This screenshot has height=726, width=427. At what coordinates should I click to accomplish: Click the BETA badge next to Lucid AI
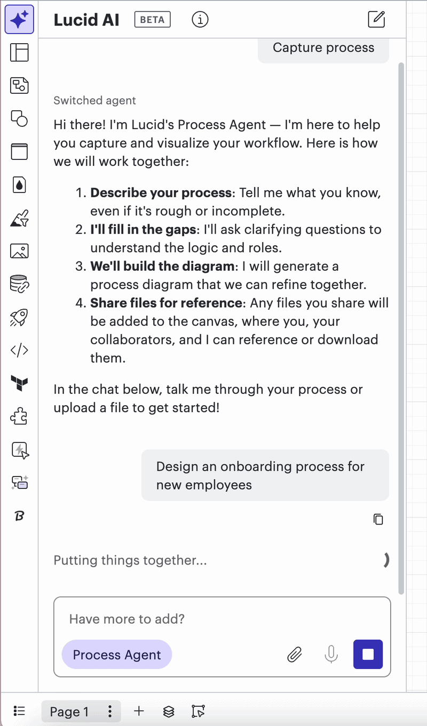coord(152,19)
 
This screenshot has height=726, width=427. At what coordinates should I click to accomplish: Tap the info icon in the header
coord(200,19)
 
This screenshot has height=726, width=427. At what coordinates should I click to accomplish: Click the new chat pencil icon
coord(376,19)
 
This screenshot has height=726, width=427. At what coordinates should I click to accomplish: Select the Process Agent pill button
coord(117,655)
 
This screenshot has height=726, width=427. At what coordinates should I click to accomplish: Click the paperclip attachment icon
coord(295,655)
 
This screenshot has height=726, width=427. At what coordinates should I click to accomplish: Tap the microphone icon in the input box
coord(331,655)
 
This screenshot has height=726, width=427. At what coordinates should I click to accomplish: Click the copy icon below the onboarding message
coord(378,519)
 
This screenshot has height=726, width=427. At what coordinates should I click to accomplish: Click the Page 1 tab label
coord(69,712)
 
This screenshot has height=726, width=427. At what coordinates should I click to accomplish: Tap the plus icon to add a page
coord(139,711)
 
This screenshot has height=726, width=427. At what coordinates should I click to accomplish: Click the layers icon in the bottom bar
coord(169,712)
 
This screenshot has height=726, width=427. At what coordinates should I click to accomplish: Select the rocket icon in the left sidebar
coord(19,317)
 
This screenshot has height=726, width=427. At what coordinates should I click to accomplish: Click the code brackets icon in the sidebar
coord(19,350)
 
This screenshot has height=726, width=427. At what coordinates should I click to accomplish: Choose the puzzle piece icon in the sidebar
coord(19,416)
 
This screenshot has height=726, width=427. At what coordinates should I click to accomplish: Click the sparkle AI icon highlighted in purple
coord(19,19)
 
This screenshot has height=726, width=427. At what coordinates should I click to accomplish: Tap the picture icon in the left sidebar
coord(19,251)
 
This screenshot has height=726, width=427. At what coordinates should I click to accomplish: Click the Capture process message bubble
coord(323,49)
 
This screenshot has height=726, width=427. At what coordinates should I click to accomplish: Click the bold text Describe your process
coord(161,193)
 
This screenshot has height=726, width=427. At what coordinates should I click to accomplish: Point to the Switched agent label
coord(95,100)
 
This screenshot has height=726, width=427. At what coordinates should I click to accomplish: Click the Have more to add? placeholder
coord(127,619)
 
